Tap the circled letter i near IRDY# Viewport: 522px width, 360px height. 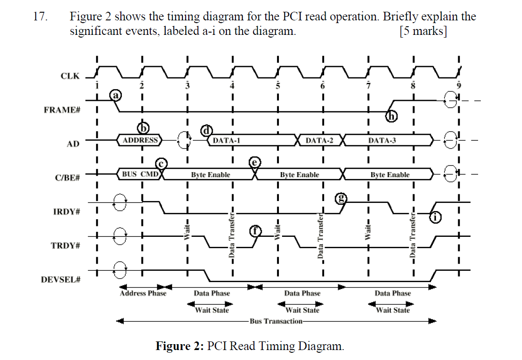pos(435,217)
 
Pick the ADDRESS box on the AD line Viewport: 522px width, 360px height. pos(140,140)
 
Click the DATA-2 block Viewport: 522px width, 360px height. pos(319,140)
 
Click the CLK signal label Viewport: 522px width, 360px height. pos(70,76)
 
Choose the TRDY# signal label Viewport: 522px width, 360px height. pos(65,246)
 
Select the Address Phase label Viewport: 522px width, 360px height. pos(143,293)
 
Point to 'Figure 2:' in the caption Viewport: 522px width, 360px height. pos(179,346)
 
